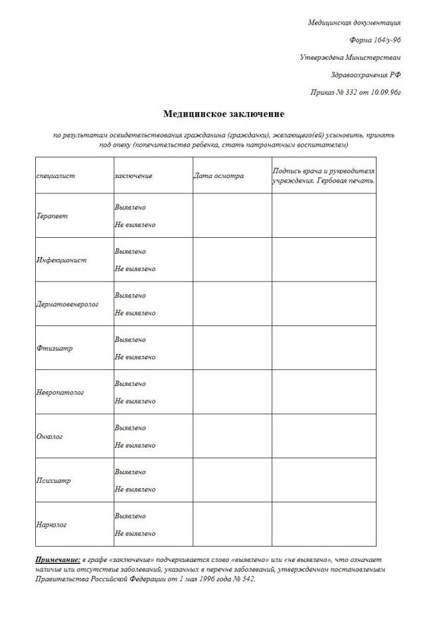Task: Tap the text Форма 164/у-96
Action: pyautogui.click(x=375, y=40)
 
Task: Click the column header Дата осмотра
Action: pyautogui.click(x=218, y=176)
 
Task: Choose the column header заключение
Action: pyautogui.click(x=133, y=176)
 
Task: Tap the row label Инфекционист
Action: pyautogui.click(x=61, y=260)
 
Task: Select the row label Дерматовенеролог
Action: pyautogui.click(x=67, y=304)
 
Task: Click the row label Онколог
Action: pyautogui.click(x=50, y=436)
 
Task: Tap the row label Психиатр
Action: pyautogui.click(x=53, y=480)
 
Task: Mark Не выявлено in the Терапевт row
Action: pyautogui.click(x=135, y=225)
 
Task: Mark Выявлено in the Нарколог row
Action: pyautogui.click(x=130, y=516)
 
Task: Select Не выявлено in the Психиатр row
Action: pyautogui.click(x=135, y=489)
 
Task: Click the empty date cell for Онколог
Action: pyautogui.click(x=232, y=436)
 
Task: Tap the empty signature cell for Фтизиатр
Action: pyautogui.click(x=323, y=348)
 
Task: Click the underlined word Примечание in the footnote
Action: pyautogui.click(x=58, y=560)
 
